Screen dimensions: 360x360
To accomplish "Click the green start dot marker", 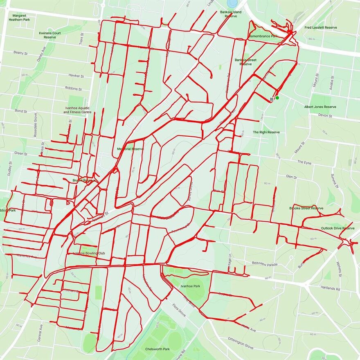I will (x=277, y=97).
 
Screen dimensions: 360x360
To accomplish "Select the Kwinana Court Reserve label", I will (x=50, y=35).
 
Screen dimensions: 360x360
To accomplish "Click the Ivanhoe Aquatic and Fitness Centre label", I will (x=77, y=110).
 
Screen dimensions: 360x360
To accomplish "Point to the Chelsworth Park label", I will (x=157, y=349).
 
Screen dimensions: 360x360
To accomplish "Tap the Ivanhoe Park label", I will (x=191, y=286).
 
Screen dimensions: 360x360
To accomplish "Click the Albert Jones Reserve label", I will (x=320, y=107).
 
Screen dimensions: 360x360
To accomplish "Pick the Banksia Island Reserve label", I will (x=231, y=14).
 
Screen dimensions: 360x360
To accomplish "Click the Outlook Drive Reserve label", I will (x=337, y=228).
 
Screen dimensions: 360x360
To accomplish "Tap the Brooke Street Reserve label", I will (x=306, y=208).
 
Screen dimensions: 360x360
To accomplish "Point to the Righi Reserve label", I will (x=266, y=132).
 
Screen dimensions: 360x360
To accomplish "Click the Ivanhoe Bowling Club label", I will (x=89, y=253).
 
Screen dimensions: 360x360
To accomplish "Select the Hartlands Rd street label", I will (x=331, y=288).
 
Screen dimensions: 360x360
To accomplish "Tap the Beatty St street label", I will (x=20, y=52).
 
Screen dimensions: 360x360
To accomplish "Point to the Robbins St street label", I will (x=73, y=88).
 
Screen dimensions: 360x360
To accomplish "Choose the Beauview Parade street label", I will (x=265, y=264).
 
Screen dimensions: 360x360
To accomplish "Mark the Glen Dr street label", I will (x=291, y=177).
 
